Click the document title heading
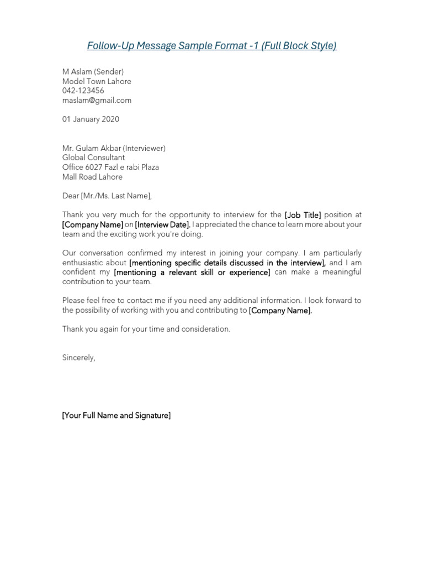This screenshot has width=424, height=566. point(211,45)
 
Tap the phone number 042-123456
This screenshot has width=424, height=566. point(83,91)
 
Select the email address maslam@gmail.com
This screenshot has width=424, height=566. point(97,100)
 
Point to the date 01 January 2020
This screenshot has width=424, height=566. point(91,119)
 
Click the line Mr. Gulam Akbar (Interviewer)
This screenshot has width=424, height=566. point(114,148)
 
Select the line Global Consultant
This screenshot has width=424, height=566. point(93,158)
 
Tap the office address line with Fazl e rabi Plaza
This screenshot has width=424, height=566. point(110,167)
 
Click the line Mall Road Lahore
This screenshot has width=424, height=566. point(92,177)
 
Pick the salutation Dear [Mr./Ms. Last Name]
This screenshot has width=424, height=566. point(107,196)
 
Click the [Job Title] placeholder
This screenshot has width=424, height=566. point(303,215)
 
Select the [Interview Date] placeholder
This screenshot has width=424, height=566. point(163,224)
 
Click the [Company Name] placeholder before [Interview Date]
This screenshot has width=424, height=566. point(92,224)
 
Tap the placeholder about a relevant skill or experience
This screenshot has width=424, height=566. point(192,272)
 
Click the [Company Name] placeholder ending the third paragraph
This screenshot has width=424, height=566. point(280,311)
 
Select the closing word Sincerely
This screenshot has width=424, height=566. point(78,358)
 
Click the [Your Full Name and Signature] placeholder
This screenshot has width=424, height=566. point(116,415)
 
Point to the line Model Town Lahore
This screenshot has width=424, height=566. point(97,81)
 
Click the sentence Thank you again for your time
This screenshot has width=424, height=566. point(146,329)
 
